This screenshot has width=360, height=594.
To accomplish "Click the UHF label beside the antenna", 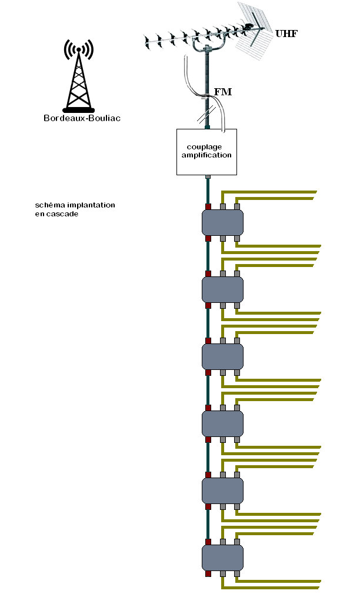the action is pyautogui.click(x=286, y=34).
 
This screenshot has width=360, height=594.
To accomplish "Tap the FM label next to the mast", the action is pyautogui.click(x=223, y=92).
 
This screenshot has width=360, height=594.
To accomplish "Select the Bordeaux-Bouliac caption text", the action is pyautogui.click(x=82, y=118).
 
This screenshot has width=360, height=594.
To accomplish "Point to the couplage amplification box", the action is pyautogui.click(x=206, y=152).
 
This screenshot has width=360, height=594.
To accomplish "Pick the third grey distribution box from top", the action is pyautogui.click(x=222, y=356).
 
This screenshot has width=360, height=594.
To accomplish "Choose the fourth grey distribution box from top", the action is pyautogui.click(x=222, y=423).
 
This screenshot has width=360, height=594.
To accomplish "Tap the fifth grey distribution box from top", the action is pyautogui.click(x=222, y=490).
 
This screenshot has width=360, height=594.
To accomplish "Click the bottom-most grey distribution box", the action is pyautogui.click(x=222, y=558).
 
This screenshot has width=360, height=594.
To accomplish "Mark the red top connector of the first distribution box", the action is pyautogui.click(x=208, y=207).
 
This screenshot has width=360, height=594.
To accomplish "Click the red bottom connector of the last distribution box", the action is pyautogui.click(x=208, y=573).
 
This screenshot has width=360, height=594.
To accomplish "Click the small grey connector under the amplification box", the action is pyautogui.click(x=207, y=177).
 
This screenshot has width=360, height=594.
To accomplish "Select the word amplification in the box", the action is pyautogui.click(x=206, y=155).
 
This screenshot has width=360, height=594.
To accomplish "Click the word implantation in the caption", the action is pyautogui.click(x=91, y=205).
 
